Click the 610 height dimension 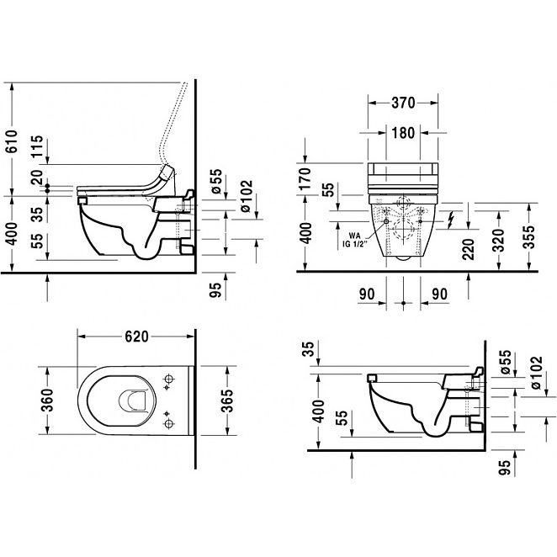[12, 141]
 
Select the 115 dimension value [37, 146]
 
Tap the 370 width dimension [403, 103]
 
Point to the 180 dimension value [403, 133]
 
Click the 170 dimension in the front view [305, 178]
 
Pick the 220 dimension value [469, 249]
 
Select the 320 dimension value [499, 241]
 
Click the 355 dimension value [528, 237]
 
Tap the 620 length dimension [137, 337]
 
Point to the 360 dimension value [47, 401]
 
